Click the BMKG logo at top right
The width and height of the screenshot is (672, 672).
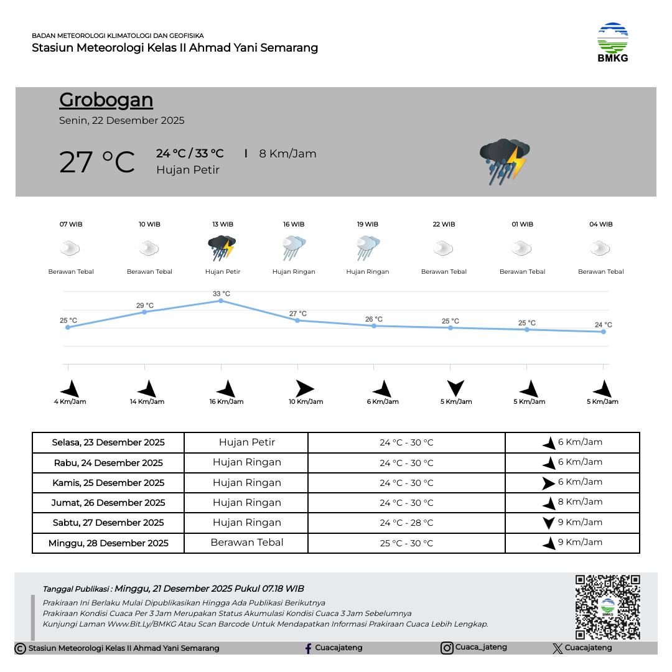click(613, 42)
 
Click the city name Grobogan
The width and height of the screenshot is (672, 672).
click(106, 100)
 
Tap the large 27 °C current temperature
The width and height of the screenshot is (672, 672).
click(97, 162)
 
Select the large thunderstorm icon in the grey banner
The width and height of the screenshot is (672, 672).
click(504, 161)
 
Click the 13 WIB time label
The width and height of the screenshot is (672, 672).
click(223, 225)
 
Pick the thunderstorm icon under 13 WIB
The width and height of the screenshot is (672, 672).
click(222, 248)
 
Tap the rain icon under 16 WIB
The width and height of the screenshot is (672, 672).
click(294, 248)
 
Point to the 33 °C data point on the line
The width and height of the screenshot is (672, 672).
click(221, 301)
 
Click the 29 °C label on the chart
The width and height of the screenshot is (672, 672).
click(145, 306)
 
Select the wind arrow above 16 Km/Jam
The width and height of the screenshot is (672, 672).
click(226, 389)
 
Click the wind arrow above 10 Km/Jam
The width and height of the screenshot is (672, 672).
click(304, 389)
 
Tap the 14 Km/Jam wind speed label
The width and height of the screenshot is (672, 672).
click(147, 402)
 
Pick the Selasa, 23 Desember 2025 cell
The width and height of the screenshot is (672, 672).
click(108, 442)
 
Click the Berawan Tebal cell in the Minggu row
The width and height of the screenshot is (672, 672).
click(247, 543)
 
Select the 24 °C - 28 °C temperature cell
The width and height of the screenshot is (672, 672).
click(406, 523)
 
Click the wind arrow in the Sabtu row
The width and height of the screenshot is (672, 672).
click(548, 523)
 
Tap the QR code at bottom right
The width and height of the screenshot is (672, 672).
click(607, 607)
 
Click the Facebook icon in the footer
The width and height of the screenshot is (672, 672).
click(308, 648)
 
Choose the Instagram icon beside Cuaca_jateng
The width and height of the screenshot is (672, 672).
click(447, 648)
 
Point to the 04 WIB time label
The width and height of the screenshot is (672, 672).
click(601, 225)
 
